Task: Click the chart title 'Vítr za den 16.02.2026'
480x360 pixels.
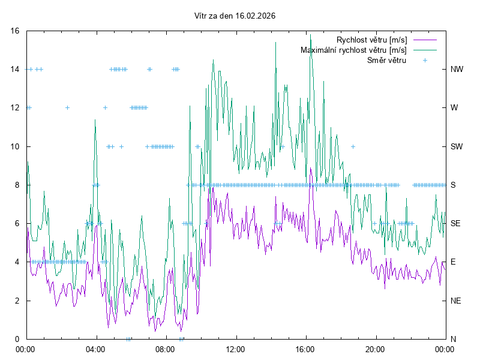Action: [x=235, y=16]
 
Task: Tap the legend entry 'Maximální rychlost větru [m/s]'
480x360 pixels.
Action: [x=353, y=50]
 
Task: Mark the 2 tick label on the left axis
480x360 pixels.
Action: [x=18, y=301]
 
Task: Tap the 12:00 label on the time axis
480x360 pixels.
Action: [x=236, y=349]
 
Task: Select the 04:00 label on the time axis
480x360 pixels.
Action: [x=95, y=349]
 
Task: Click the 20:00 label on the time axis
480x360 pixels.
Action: [x=376, y=349]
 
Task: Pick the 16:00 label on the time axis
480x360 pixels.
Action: [x=305, y=349]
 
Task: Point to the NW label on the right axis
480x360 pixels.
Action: [x=457, y=69]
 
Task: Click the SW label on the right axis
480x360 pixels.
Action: [x=457, y=146]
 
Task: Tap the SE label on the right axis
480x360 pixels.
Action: [x=456, y=223]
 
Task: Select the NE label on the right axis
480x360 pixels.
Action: [x=456, y=301]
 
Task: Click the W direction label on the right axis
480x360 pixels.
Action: [x=454, y=108]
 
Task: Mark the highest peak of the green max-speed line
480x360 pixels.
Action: [x=310, y=52]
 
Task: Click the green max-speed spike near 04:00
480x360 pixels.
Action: [x=95, y=119]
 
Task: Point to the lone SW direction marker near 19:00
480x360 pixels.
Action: [x=353, y=146]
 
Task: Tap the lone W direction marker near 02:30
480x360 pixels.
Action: [x=67, y=108]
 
